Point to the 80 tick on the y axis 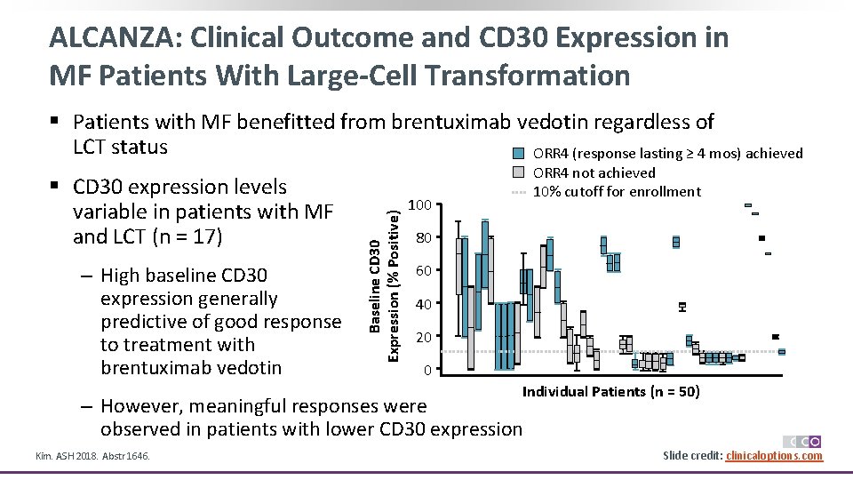click(424, 238)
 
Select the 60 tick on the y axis click(424, 271)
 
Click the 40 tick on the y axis click(424, 304)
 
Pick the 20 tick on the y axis click(424, 337)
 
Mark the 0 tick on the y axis click(427, 370)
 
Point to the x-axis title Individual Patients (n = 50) click(610, 392)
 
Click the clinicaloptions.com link click(774, 456)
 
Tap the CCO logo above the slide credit click(801, 441)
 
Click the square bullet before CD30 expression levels click(59, 188)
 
